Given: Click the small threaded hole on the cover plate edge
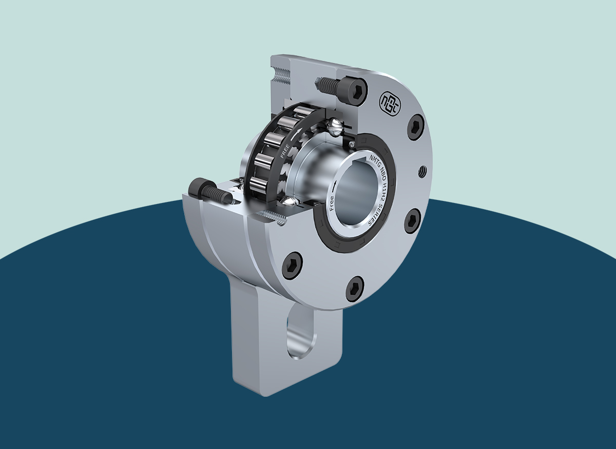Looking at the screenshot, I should pyautogui.click(x=422, y=170).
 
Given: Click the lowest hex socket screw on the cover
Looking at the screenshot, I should pyautogui.click(x=355, y=288).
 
